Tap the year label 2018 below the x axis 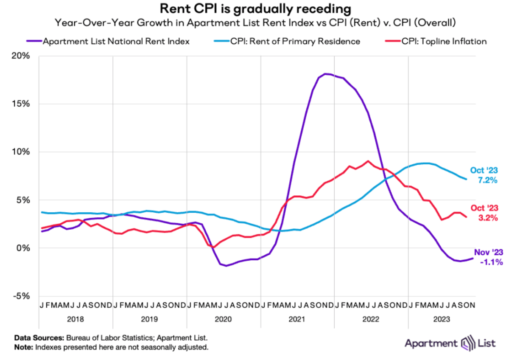coord(76,318)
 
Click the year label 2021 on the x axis coord(297,318)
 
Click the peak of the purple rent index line coord(326,74)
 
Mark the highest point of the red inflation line coord(368,161)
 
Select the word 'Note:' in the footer coord(24,347)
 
